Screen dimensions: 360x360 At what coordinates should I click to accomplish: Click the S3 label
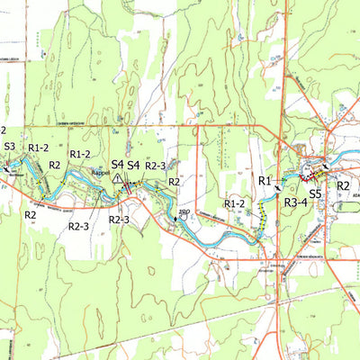coord(10,146)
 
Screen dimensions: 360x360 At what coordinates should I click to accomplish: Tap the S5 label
coord(316,193)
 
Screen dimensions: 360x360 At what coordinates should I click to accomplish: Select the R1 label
coord(265,182)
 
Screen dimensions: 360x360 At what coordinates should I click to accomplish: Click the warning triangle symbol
coord(117,180)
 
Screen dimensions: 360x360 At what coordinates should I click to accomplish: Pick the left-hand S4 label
coord(117,165)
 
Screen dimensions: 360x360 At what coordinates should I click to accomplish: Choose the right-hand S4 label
coord(133,165)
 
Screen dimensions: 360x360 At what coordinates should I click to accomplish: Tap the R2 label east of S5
coord(343,185)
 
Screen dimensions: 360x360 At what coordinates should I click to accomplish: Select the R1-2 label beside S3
coord(39,147)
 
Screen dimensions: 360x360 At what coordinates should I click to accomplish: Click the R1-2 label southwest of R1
coord(234,204)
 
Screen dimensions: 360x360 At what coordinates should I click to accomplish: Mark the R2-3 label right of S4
coord(156,166)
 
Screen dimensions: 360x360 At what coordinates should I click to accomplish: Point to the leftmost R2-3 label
coord(78,226)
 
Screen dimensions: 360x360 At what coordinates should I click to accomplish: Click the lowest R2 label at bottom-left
coord(30,215)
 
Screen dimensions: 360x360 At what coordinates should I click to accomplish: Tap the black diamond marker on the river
coord(175,218)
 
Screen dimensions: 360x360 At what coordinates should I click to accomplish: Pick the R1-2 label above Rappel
coord(80,155)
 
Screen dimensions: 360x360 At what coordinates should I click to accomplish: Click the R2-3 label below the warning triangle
coord(119,220)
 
